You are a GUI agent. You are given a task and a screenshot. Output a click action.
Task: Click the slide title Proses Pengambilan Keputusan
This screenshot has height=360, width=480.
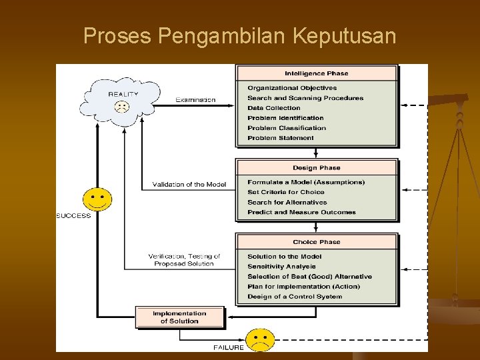239,36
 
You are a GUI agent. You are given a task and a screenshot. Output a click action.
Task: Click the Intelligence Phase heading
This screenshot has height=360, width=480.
316,73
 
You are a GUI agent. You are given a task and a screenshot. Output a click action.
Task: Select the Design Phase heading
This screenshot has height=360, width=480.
316,168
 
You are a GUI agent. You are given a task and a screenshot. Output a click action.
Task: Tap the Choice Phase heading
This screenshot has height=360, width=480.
316,242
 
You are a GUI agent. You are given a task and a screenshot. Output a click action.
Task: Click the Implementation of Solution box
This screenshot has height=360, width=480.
179,317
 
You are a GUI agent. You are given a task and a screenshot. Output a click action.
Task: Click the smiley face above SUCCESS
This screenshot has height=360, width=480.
97,198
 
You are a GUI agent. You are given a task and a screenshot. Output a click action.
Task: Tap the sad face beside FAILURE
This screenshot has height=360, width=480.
260,339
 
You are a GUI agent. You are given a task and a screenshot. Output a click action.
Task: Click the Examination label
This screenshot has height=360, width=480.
195,100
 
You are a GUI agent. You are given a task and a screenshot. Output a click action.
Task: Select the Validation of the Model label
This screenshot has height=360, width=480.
189,185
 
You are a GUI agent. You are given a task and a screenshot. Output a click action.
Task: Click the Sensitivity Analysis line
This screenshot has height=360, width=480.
281,267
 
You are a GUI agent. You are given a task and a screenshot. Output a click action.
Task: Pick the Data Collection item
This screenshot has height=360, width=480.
273,108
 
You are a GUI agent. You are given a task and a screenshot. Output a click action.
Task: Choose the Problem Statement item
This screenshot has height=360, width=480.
280,138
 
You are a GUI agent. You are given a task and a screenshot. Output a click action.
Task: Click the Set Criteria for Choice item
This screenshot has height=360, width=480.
285,192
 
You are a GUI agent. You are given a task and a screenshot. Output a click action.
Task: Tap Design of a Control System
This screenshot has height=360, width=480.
294,297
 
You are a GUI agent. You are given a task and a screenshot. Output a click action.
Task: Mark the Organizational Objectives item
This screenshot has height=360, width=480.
291,88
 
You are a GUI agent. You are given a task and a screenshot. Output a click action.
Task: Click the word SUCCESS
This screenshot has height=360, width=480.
73,215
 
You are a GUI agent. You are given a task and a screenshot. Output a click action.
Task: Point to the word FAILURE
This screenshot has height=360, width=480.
228,347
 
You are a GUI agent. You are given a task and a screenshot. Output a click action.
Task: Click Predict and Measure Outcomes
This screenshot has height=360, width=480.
301,212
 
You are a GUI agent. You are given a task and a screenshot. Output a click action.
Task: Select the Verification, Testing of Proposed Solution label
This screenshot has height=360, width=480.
184,260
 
